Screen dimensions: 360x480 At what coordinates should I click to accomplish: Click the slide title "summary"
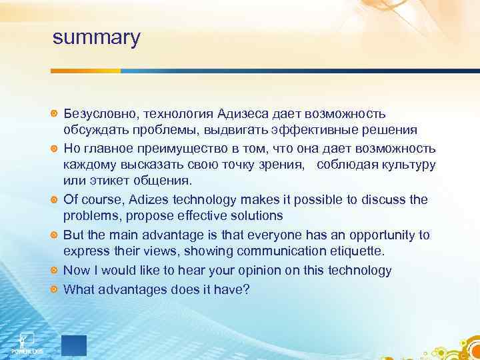pos(97,37)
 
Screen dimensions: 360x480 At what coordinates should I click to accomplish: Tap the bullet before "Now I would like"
pos(55,271)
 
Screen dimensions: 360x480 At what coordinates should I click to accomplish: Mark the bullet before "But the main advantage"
pos(55,235)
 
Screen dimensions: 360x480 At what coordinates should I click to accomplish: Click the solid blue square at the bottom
pos(74,345)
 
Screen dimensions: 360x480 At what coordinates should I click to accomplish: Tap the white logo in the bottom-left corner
pos(27,341)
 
